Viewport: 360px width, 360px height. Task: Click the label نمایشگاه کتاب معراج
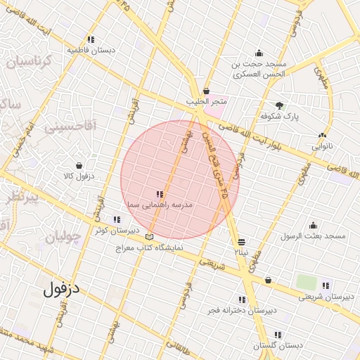coord(148,247)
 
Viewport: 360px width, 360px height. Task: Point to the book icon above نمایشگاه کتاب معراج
coord(148,236)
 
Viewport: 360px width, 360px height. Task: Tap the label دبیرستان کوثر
coord(112,230)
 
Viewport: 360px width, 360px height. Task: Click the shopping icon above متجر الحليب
coord(206,91)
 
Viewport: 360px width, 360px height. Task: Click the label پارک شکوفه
coord(280,116)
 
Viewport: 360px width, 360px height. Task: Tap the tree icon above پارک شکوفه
coord(281,105)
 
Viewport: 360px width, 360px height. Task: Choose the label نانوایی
coord(323,147)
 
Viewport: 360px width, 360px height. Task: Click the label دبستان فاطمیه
coord(91,51)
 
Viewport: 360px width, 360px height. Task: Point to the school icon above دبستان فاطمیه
coord(91,39)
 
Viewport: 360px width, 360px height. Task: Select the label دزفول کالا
coord(78,176)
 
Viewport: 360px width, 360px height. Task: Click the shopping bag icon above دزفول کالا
coord(78,165)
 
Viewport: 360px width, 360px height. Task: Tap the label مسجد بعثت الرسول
coord(313,236)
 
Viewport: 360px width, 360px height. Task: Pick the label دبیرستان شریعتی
coord(325,297)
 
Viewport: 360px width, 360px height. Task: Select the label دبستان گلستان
coord(278,346)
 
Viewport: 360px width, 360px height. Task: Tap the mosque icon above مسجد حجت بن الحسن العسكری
coord(259,53)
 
